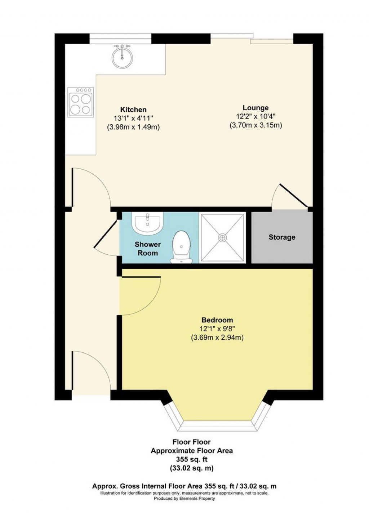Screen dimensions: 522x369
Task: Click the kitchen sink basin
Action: tap(122, 57)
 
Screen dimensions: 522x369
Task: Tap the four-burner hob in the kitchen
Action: tap(80, 103)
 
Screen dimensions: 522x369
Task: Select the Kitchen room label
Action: tap(133, 110)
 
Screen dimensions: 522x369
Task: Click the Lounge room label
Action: tap(255, 108)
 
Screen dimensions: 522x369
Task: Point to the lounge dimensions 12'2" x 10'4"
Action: tap(255, 116)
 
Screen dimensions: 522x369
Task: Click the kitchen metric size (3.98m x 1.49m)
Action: tap(133, 127)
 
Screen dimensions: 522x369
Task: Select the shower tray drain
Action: tap(223, 237)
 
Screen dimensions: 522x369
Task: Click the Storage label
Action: tap(282, 237)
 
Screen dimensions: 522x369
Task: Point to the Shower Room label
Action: tap(148, 249)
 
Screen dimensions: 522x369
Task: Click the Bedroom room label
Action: tap(217, 320)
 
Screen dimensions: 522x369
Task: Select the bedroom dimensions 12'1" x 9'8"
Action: tap(217, 329)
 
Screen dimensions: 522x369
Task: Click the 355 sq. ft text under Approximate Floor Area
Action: tap(191, 459)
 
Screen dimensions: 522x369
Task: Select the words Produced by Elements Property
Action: tap(184, 499)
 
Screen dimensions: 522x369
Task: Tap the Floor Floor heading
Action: tap(191, 442)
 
